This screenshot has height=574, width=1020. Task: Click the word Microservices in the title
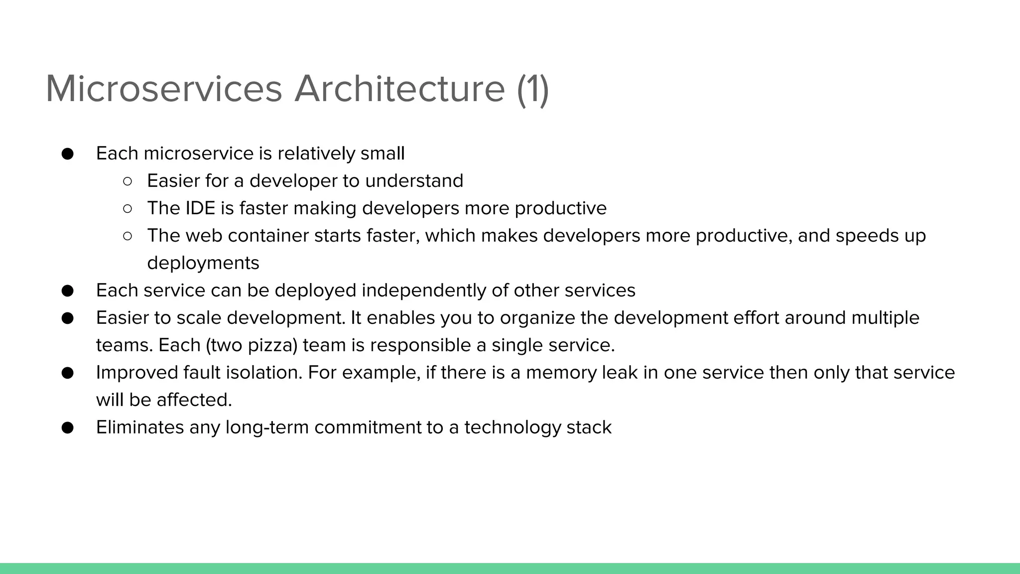[164, 89]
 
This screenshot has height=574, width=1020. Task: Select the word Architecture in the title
[399, 89]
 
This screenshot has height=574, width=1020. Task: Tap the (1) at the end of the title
[533, 89]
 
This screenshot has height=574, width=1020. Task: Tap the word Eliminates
[140, 428]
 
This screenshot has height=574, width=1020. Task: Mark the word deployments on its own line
[203, 263]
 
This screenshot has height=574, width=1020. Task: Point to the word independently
[424, 290]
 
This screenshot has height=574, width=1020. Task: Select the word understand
[414, 181]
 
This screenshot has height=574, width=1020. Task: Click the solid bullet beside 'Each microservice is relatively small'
[68, 154]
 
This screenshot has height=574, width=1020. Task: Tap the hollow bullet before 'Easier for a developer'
[127, 181]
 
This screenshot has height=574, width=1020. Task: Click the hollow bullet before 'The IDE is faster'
[127, 209]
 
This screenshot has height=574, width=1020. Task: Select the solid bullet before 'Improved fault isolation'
[68, 373]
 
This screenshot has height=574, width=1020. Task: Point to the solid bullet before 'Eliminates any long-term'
[68, 428]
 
